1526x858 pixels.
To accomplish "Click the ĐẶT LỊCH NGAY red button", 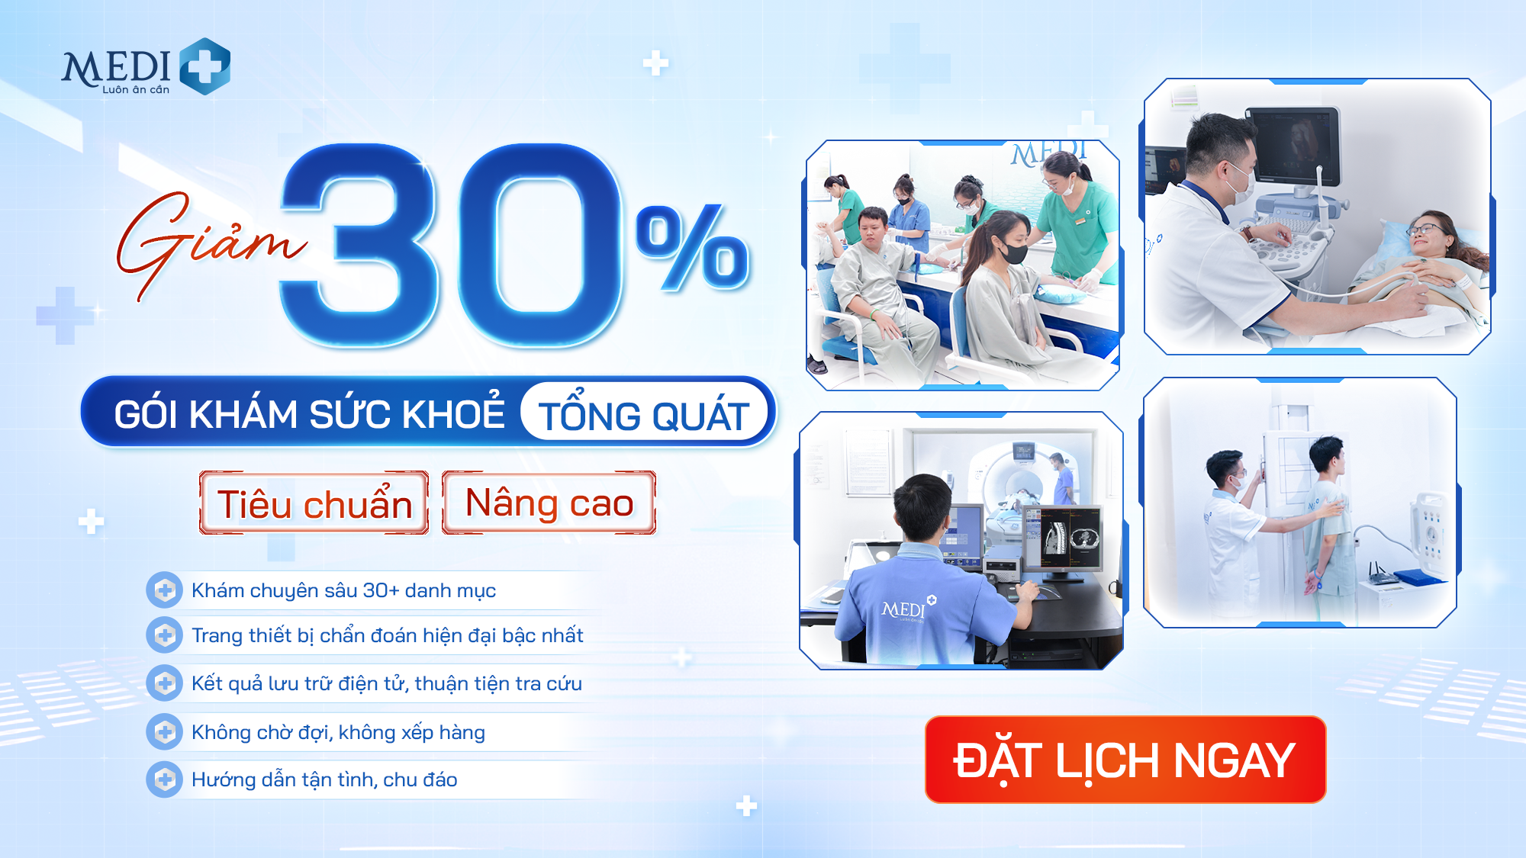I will pyautogui.click(x=1125, y=760).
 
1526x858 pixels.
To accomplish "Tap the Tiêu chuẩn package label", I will pyautogui.click(x=314, y=503).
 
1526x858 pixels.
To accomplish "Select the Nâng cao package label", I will pyautogui.click(x=549, y=503).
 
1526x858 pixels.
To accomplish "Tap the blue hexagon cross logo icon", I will pyautogui.click(x=204, y=66).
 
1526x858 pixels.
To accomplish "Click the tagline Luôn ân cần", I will pyautogui.click(x=136, y=90).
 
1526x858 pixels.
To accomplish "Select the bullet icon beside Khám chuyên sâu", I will pyautogui.click(x=164, y=590).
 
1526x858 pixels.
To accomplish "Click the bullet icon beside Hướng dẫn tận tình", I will pyautogui.click(x=164, y=779).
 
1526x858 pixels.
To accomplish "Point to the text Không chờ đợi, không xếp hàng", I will pyautogui.click(x=338, y=732).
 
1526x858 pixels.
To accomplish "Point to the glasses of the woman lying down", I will pyautogui.click(x=1425, y=229).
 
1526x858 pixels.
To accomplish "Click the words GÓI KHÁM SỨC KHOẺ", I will pyautogui.click(x=309, y=414).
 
